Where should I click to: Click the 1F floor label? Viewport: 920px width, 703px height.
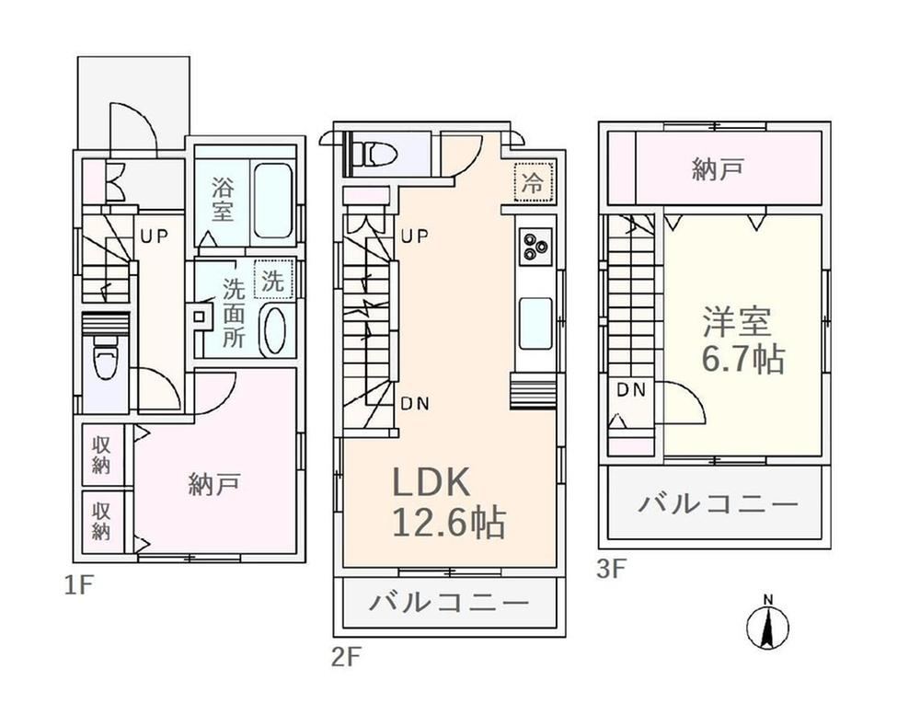(78, 585)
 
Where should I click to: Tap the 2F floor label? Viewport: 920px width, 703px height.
(345, 657)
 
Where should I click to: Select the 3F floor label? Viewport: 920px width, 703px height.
(612, 570)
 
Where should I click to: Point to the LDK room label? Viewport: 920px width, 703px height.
(431, 482)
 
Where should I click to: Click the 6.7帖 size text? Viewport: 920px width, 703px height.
(743, 359)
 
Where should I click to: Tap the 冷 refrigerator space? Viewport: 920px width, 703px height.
(533, 182)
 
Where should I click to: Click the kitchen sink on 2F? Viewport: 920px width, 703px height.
(535, 324)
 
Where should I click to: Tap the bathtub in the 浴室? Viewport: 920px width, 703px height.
(272, 200)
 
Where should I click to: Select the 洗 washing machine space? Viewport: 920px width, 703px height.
(273, 281)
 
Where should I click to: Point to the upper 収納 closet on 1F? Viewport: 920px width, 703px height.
(101, 455)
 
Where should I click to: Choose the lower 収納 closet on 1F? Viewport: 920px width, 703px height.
(101, 521)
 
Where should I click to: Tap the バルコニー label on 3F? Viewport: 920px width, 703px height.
(719, 503)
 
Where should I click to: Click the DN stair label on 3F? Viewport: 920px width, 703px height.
(631, 389)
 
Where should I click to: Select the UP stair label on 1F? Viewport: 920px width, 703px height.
(154, 236)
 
